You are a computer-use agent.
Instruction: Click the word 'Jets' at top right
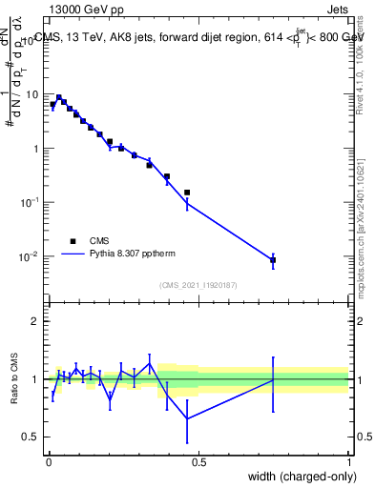pyautogui.click(x=336, y=9)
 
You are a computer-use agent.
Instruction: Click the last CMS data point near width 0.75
pyautogui.click(x=273, y=259)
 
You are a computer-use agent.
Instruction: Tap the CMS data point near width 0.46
pyautogui.click(x=187, y=193)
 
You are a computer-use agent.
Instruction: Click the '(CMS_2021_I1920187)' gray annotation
pyautogui.click(x=198, y=284)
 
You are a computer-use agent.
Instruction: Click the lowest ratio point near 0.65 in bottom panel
pyautogui.click(x=187, y=417)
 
